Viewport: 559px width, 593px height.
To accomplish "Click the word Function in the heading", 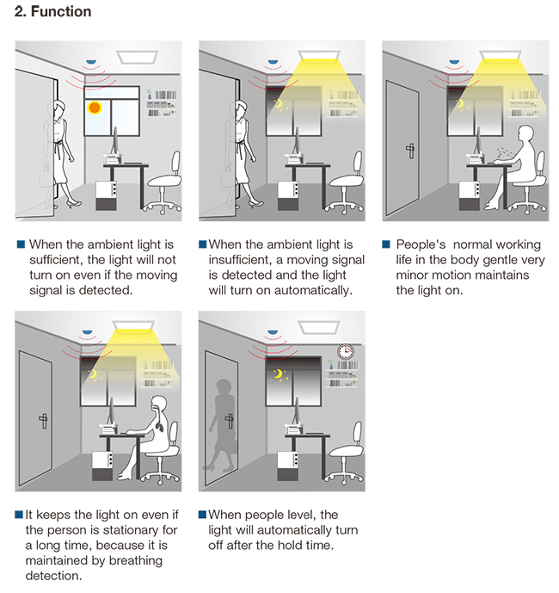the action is coord(61,11).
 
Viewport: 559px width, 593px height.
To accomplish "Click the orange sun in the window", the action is coord(94,108).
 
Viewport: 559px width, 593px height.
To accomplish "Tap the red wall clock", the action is coord(346,352).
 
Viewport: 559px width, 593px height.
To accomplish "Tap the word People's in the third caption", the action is coord(421,244).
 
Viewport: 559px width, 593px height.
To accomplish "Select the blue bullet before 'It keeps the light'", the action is coord(19,515).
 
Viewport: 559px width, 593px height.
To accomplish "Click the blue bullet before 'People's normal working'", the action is coord(386,244).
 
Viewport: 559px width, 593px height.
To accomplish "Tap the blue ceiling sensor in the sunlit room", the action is coord(90,62).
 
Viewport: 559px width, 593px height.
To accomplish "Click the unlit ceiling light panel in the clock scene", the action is coord(318,328).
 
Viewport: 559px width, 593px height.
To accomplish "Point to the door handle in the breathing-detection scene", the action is coord(44,421).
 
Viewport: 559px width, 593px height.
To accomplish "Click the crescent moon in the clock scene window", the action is coord(278,374).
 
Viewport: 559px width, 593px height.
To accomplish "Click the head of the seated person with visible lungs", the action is coord(159,405).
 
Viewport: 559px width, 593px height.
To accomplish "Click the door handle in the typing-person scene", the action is coord(410,151).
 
